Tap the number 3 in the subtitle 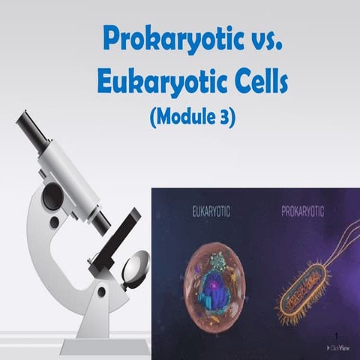(223, 118)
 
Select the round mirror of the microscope (136, 266)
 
